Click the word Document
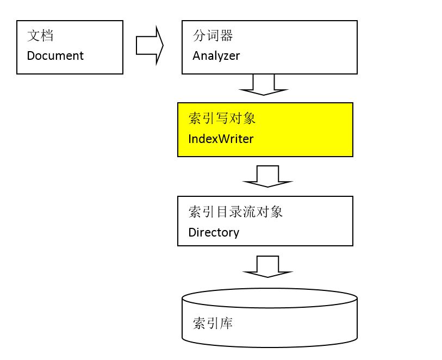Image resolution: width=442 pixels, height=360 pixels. click(x=55, y=55)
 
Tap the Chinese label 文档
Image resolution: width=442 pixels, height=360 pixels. click(x=40, y=36)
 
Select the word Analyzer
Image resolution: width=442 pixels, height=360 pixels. click(x=216, y=55)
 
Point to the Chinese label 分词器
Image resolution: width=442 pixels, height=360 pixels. click(x=213, y=36)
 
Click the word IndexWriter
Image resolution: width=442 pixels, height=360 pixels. click(x=221, y=139)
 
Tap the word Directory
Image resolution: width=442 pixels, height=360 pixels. click(x=214, y=232)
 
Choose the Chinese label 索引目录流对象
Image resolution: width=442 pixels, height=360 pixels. click(x=235, y=212)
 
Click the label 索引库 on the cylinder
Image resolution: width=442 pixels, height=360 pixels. click(x=213, y=324)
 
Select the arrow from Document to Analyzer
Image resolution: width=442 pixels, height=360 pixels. click(x=150, y=46)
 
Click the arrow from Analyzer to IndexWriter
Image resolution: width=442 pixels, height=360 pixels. click(x=264, y=84)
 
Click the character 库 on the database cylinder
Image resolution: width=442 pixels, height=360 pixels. click(x=226, y=324)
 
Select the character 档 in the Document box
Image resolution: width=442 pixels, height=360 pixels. click(x=47, y=36)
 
